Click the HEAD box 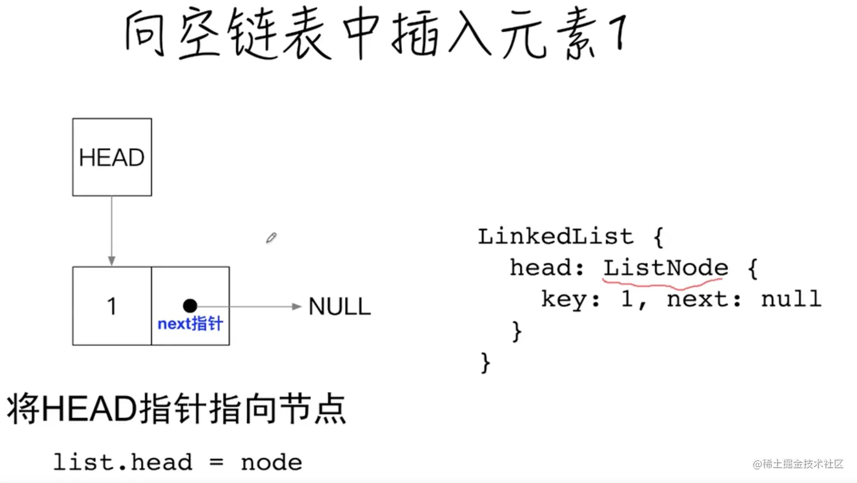point(112,157)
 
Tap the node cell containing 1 point(112,306)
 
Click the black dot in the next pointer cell point(190,306)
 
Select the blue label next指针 point(190,324)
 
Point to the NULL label point(339,307)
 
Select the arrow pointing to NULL point(249,306)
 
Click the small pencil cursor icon point(271,238)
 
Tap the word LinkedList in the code point(555,236)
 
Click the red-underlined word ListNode point(665,267)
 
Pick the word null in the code point(791,298)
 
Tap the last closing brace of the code point(485,362)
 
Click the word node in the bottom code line point(271,463)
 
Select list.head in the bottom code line point(122,463)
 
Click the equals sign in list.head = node point(216,463)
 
